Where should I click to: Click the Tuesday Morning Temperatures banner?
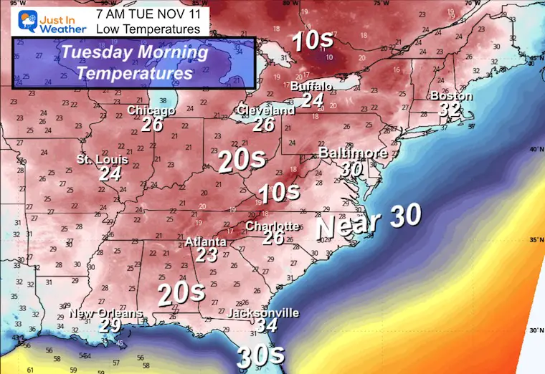pyautogui.click(x=135, y=62)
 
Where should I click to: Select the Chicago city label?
pyautogui.click(x=151, y=111)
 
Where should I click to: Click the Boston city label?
pyautogui.click(x=451, y=97)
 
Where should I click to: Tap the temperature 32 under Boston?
pyautogui.click(x=450, y=110)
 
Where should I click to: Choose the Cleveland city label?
pyautogui.click(x=265, y=111)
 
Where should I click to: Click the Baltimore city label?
pyautogui.click(x=353, y=153)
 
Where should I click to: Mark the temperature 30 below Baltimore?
pyautogui.click(x=352, y=168)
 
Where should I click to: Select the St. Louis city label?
pyautogui.click(x=103, y=160)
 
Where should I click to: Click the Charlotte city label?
pyautogui.click(x=272, y=226)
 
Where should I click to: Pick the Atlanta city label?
pyautogui.click(x=206, y=242)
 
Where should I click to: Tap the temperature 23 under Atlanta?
pyautogui.click(x=206, y=255)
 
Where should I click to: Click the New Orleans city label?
pyautogui.click(x=106, y=314)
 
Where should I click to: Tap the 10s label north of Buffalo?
pyautogui.click(x=312, y=41)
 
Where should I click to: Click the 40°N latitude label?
pyautogui.click(x=534, y=150)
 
